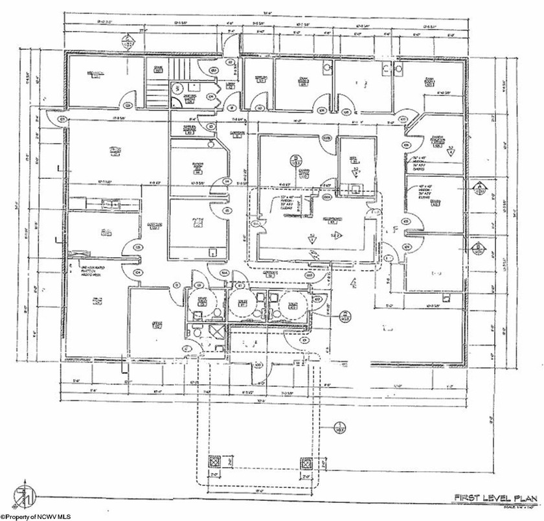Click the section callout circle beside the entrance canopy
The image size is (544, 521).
337,427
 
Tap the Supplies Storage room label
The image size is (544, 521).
190,128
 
